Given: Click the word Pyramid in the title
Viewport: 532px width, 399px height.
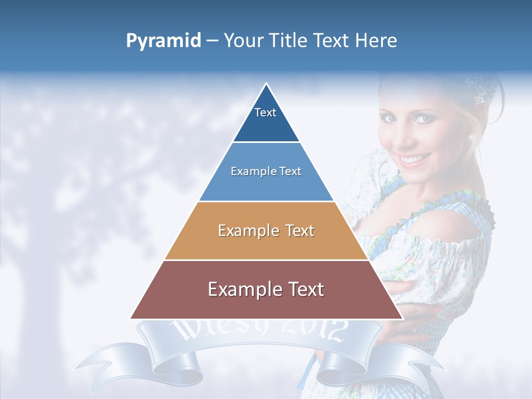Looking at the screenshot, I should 163,41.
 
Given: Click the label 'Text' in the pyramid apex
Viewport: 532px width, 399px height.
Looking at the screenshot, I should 265,112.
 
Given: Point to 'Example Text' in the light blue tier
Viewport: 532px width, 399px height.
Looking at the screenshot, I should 266,171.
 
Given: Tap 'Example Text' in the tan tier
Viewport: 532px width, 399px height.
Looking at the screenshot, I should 266,231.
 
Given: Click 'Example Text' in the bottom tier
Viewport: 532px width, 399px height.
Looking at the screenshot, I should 266,289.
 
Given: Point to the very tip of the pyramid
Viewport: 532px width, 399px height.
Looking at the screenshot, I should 267,84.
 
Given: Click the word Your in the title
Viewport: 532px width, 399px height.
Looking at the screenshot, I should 242,41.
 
